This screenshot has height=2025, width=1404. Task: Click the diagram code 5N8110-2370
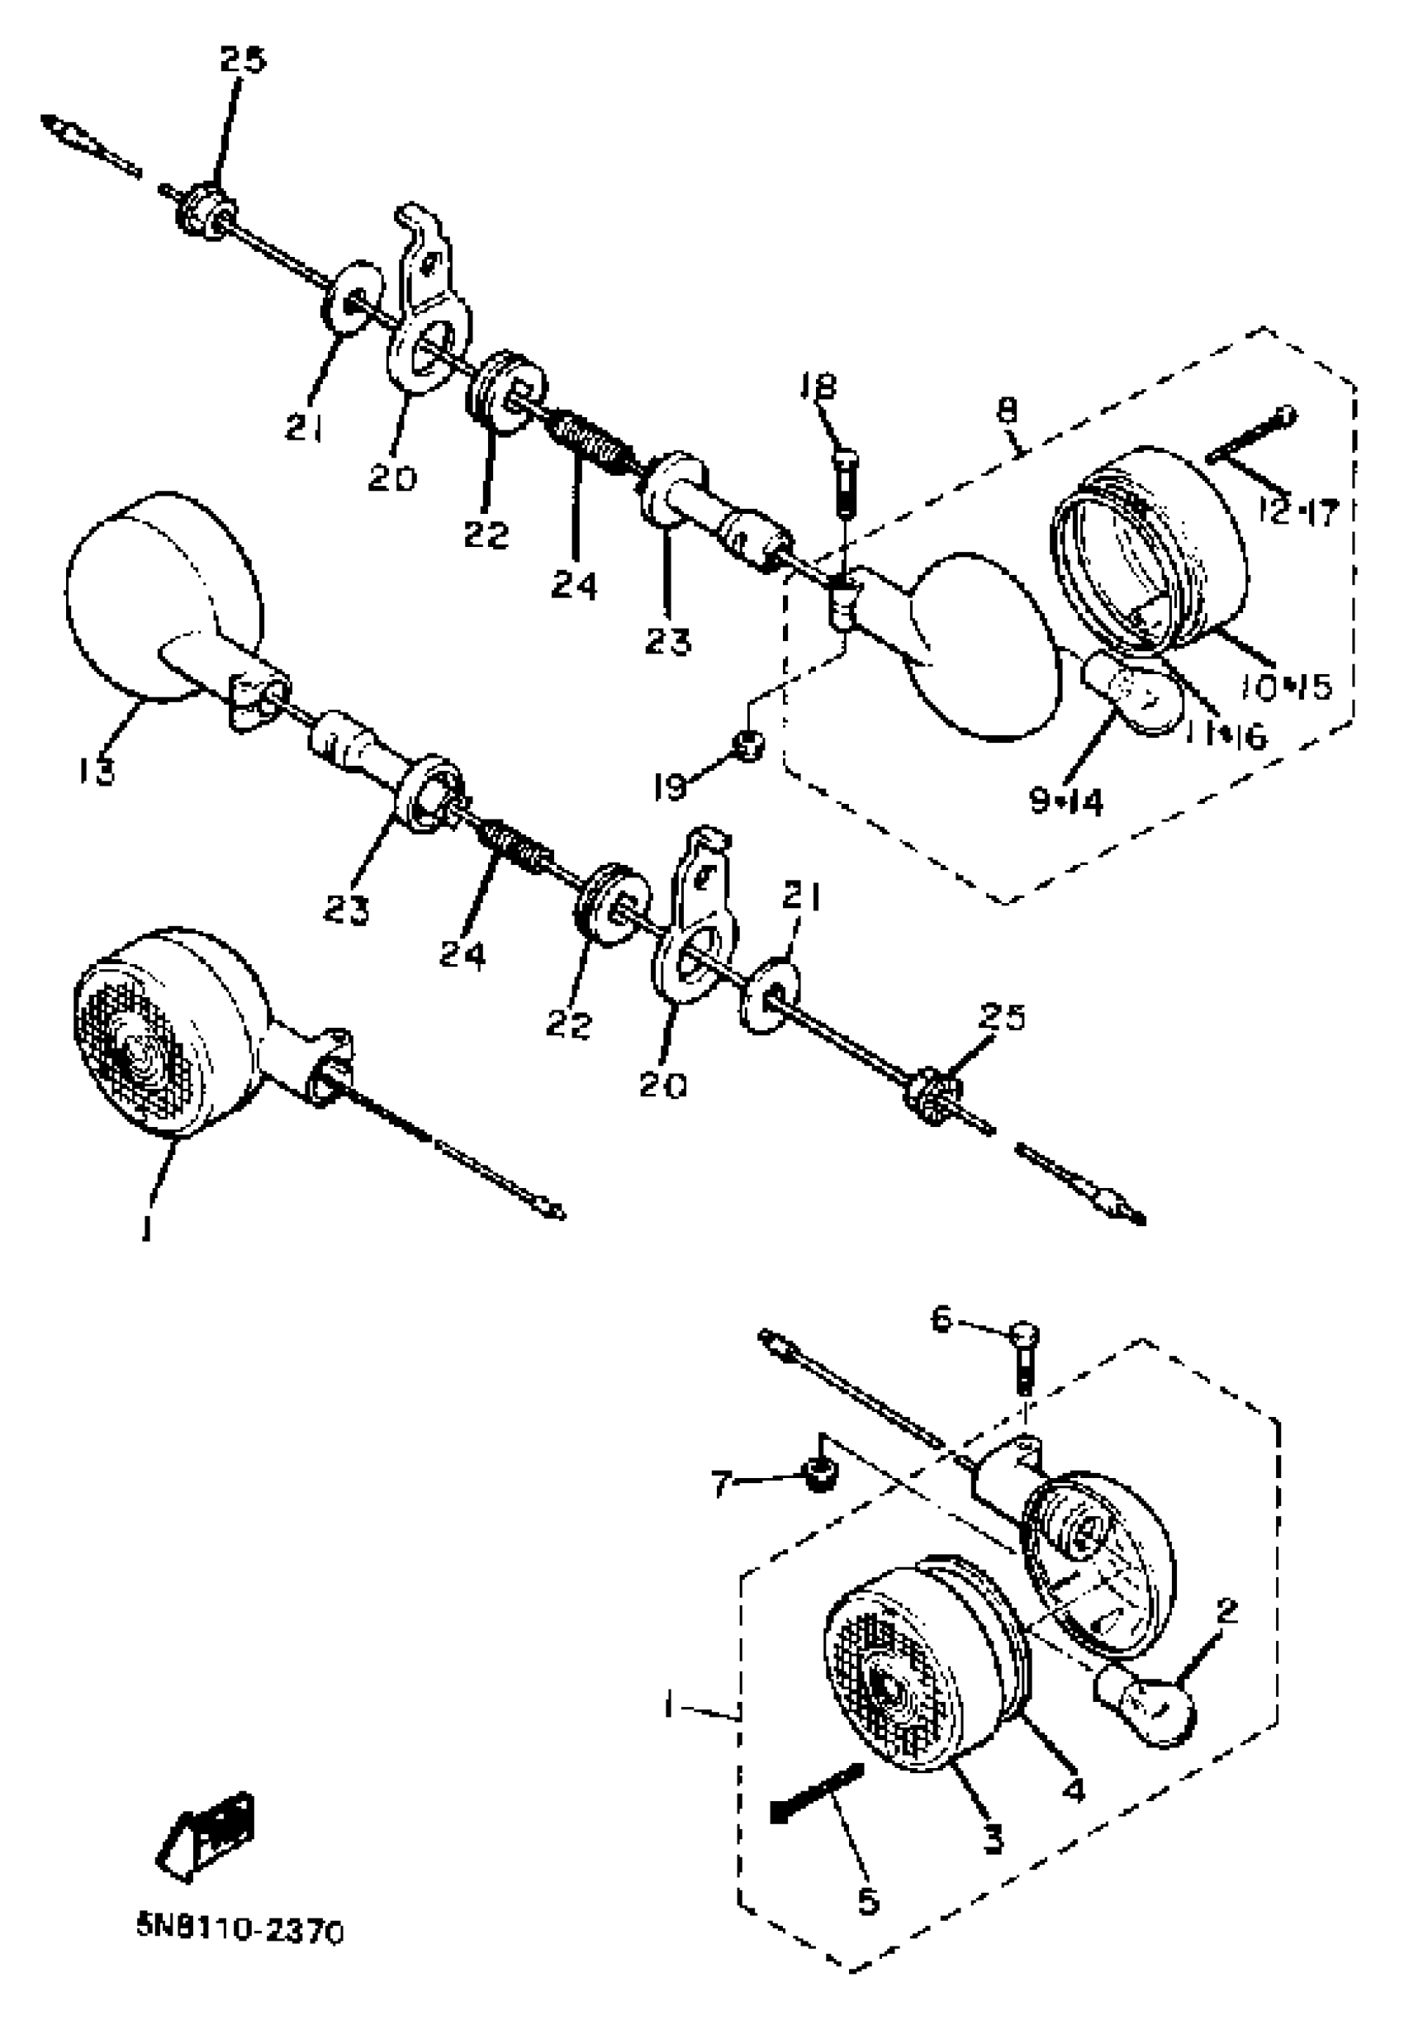[240, 1932]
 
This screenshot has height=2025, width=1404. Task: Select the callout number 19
[671, 787]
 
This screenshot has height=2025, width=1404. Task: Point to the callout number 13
[95, 772]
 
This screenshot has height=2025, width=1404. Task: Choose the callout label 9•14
[1066, 801]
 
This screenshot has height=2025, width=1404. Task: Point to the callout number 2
[1227, 1611]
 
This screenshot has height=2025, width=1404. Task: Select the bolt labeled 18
[845, 482]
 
